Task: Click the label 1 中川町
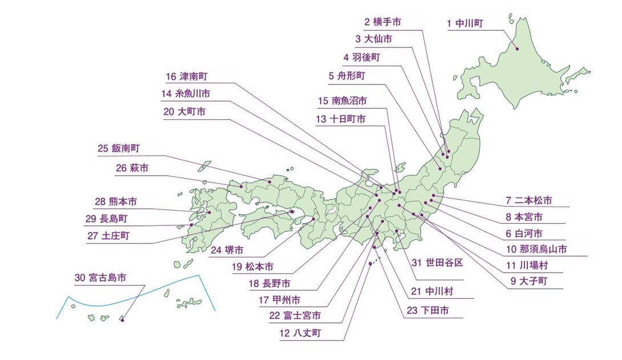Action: [x=465, y=23]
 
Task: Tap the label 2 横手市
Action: [x=382, y=22]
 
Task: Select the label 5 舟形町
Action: [x=346, y=75]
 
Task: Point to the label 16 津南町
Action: [x=188, y=76]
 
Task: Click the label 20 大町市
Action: [x=184, y=112]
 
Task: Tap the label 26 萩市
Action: [x=132, y=168]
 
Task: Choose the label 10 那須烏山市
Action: [x=536, y=249]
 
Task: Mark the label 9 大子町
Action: [x=529, y=281]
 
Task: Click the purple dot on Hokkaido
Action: [x=518, y=48]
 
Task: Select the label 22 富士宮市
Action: [x=294, y=315]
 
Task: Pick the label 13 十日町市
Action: [x=340, y=119]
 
